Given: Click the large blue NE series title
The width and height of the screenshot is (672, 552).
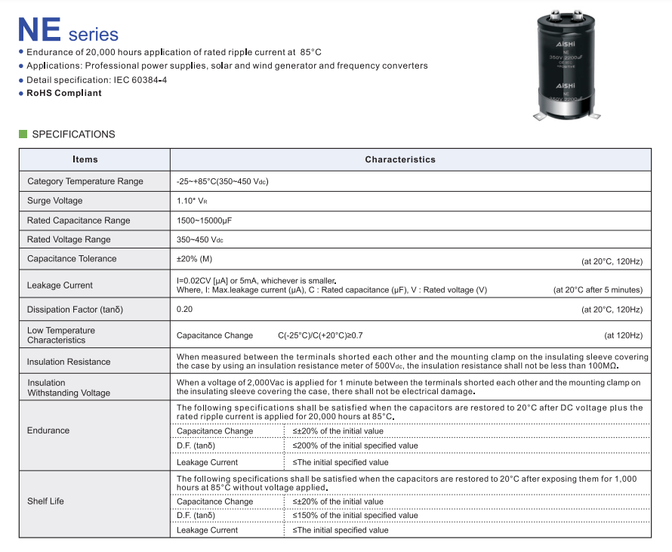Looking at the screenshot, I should (x=68, y=31).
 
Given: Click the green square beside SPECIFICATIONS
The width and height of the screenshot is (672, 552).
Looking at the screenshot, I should (x=23, y=134).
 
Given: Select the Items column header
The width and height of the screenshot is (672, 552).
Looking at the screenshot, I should (x=85, y=159).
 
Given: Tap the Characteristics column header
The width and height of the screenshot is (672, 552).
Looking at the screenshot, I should (x=400, y=159).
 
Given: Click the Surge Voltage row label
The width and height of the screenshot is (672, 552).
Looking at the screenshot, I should (x=55, y=201).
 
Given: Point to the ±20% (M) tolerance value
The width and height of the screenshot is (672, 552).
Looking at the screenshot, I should (x=194, y=259).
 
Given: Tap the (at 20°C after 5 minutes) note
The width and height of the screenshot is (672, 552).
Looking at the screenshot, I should (x=597, y=290).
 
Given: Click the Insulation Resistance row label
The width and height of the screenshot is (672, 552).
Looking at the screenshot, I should (x=69, y=362).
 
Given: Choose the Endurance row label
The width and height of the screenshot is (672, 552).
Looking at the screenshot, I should (x=48, y=430).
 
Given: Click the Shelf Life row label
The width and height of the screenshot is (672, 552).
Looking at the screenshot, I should (x=46, y=501).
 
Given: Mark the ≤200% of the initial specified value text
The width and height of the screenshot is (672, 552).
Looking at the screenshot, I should (x=355, y=446).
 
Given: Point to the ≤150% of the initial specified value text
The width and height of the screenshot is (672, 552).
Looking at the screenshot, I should (x=355, y=516).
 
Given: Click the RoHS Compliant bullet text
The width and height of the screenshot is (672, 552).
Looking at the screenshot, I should (x=64, y=93).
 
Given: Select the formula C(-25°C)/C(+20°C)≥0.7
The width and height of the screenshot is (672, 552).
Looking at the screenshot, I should (x=325, y=335).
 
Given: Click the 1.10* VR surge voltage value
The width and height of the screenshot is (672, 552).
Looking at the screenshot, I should (x=193, y=201).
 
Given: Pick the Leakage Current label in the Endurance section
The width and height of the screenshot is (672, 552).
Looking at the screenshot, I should (x=208, y=462).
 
